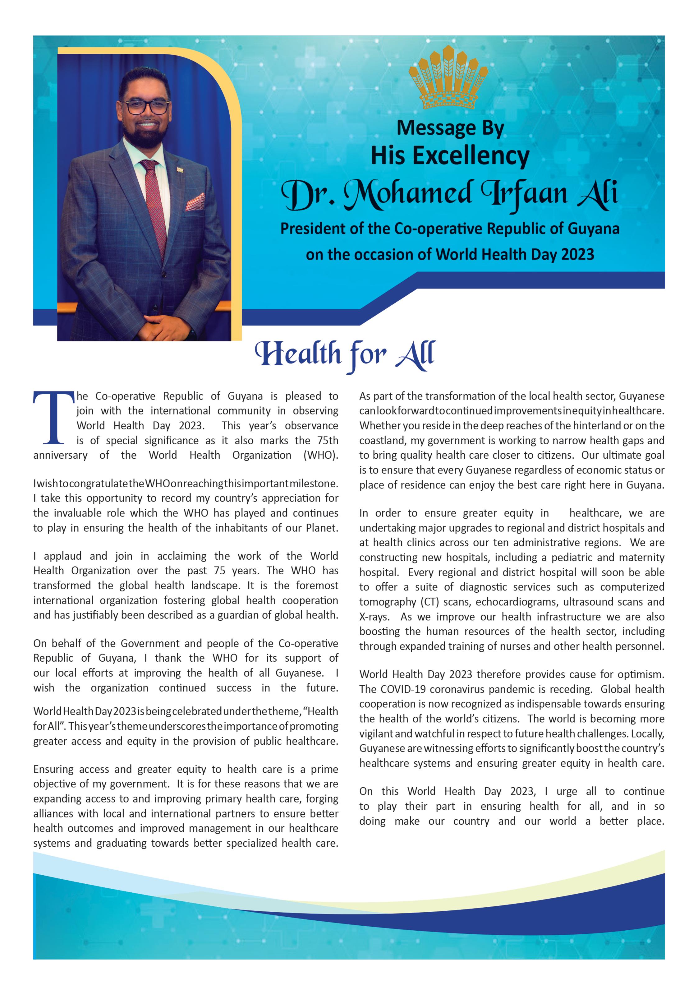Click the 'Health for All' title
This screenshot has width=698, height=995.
pyautogui.click(x=345, y=354)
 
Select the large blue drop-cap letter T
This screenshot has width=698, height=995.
pyautogui.click(x=54, y=418)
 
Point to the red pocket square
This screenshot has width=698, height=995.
pyautogui.click(x=195, y=201)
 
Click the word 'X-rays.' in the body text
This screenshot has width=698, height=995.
pyautogui.click(x=374, y=617)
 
